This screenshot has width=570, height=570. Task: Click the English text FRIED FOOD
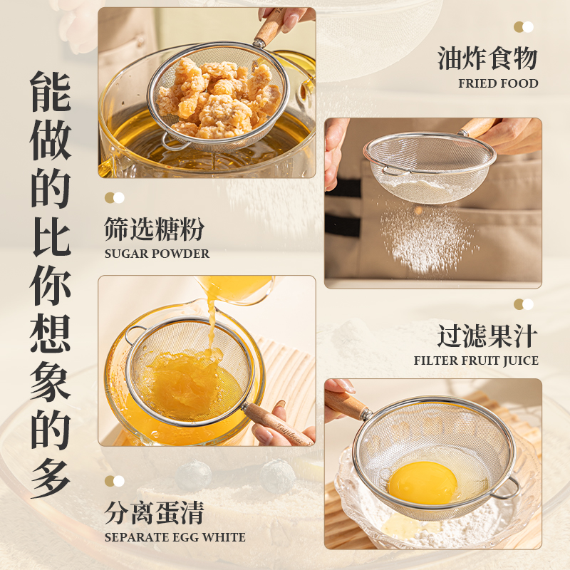pyautogui.click(x=498, y=83)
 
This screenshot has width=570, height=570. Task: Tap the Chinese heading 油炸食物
pyautogui.click(x=487, y=59)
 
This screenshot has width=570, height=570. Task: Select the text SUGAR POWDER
pyautogui.click(x=157, y=254)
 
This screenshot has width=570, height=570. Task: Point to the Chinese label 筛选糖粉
pyautogui.click(x=154, y=229)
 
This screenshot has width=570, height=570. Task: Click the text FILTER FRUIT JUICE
pyautogui.click(x=476, y=361)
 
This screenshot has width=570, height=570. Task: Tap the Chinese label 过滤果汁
pyautogui.click(x=487, y=336)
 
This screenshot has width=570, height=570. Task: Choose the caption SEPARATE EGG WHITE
pyautogui.click(x=175, y=537)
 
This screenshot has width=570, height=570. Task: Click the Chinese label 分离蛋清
pyautogui.click(x=154, y=512)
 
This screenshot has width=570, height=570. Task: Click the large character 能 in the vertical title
pyautogui.click(x=51, y=92)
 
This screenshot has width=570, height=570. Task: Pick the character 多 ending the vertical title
pyautogui.click(x=51, y=477)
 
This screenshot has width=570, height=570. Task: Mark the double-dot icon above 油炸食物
pyautogui.click(x=524, y=27)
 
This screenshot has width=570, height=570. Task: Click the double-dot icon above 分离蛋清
pyautogui.click(x=114, y=481)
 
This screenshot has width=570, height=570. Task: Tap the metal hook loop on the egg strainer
pyautogui.click(x=505, y=490)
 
